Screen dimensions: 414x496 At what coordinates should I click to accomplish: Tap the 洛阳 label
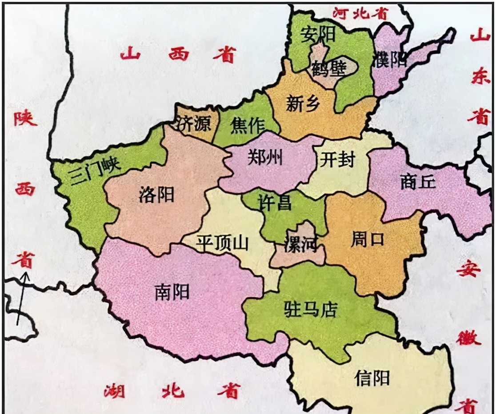click(156, 195)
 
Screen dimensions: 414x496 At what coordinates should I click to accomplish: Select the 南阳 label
click(172, 292)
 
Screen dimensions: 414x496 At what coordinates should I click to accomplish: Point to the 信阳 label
click(372, 378)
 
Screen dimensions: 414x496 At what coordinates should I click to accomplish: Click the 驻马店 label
click(311, 309)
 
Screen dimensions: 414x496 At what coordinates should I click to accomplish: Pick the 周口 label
click(367, 240)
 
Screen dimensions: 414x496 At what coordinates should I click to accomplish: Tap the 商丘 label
click(418, 182)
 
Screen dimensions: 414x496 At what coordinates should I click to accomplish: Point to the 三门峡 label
click(95, 170)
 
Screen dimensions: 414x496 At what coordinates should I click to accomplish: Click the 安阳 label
click(318, 34)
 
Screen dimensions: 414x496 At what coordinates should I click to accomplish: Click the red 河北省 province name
click(360, 13)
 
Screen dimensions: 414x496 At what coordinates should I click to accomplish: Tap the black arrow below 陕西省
click(22, 298)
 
